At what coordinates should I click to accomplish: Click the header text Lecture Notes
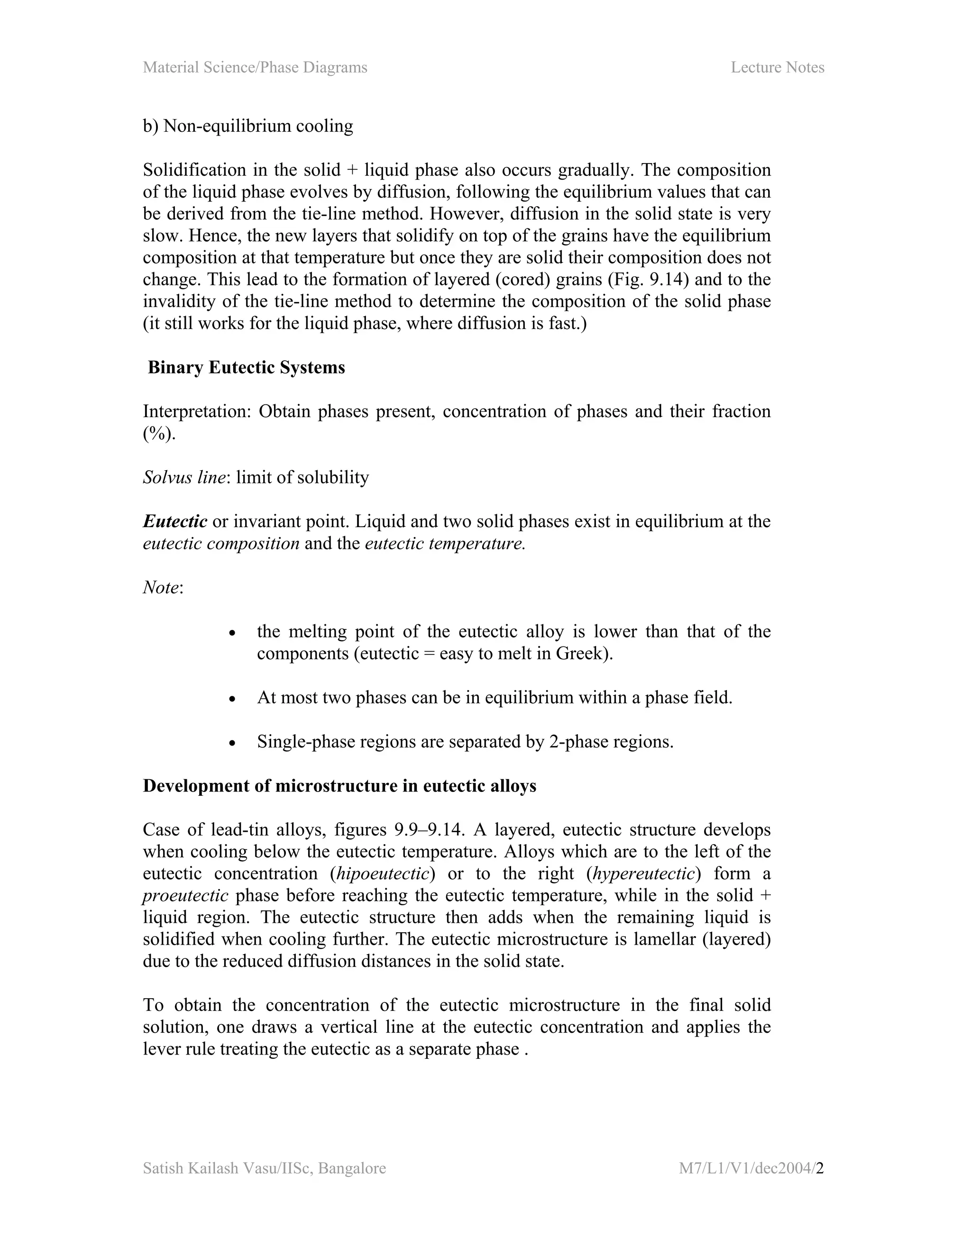777,67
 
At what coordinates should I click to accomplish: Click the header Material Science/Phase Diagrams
255,67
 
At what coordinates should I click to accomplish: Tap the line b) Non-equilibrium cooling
248,126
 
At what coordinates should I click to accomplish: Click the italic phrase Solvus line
183,477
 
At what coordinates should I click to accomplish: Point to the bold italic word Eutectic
175,522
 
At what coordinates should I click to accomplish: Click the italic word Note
161,588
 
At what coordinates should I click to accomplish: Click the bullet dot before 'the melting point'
232,633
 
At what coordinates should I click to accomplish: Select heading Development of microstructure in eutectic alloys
339,786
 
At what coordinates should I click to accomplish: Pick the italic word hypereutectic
644,874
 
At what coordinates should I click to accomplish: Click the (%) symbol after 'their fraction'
159,434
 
